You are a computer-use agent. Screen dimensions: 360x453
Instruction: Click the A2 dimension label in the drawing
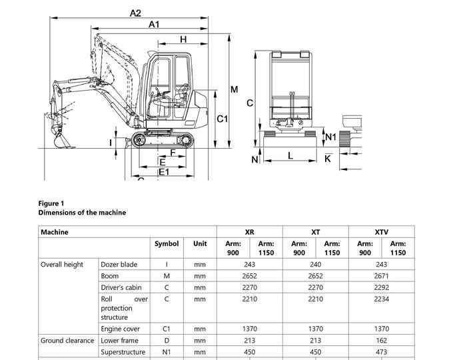pos(136,12)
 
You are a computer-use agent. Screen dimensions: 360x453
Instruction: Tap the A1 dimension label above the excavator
pos(154,25)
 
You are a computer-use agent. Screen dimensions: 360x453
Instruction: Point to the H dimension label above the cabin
pos(183,39)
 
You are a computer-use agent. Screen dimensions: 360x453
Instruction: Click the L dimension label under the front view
pos(290,155)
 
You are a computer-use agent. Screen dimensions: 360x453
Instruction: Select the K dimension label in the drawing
pos(327,159)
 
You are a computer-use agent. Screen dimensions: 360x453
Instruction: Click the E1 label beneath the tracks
pos(163,172)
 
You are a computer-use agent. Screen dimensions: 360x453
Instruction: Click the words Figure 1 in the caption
pos(51,203)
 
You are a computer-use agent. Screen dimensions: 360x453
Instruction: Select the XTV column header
pos(382,232)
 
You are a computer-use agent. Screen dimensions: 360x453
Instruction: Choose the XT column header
pos(316,232)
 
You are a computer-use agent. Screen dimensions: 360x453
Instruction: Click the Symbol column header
pos(167,244)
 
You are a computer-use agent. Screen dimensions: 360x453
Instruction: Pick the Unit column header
pos(200,244)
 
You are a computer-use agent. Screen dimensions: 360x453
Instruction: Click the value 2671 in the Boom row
pos(382,276)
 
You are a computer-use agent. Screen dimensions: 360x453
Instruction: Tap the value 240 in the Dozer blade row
pos(316,265)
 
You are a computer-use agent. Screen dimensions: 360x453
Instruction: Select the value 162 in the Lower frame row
pos(382,341)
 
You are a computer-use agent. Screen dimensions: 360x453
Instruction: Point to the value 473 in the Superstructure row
pos(382,352)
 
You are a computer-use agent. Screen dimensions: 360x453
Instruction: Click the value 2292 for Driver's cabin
pos(382,288)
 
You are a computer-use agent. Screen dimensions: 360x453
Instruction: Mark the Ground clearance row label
pos(67,341)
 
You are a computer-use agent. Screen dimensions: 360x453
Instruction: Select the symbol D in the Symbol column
pos(167,341)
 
